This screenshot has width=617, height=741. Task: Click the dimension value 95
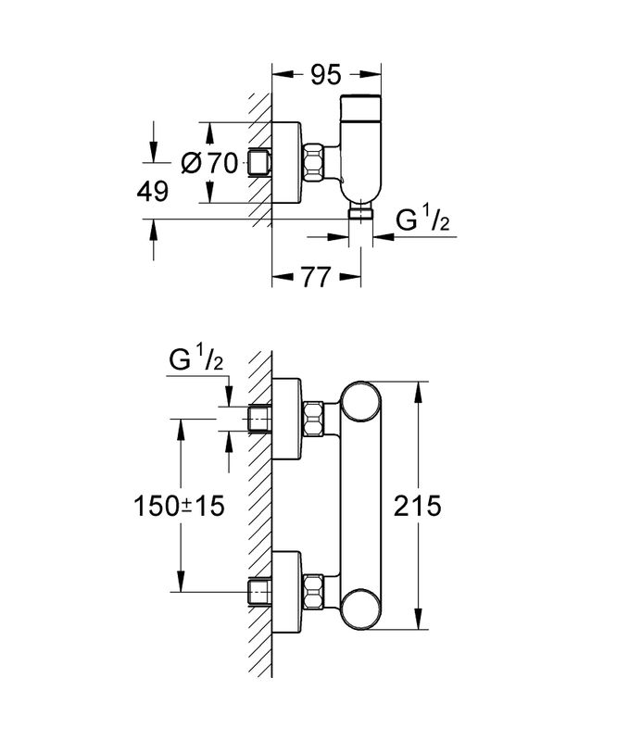326,73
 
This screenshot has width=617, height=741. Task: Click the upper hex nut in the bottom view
316,419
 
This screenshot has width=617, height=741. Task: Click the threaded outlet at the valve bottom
359,213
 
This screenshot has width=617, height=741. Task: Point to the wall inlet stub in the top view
258,164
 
